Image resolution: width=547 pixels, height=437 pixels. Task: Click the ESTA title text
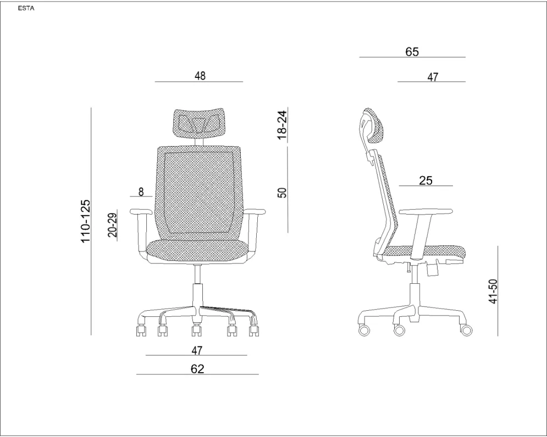click(26, 9)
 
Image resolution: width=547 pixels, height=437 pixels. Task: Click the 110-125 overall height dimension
click(85, 221)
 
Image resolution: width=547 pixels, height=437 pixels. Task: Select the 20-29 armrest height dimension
click(113, 225)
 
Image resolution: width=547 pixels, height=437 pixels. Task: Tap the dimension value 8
click(141, 192)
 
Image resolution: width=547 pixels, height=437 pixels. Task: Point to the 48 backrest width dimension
click(200, 76)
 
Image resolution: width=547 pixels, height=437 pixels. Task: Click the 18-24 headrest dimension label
click(282, 125)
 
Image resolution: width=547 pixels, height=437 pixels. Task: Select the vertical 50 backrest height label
click(282, 193)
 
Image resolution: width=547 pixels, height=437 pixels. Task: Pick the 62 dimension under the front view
click(197, 369)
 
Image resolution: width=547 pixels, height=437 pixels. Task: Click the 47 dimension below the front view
click(197, 350)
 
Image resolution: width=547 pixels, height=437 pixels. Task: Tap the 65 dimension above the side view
click(412, 52)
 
